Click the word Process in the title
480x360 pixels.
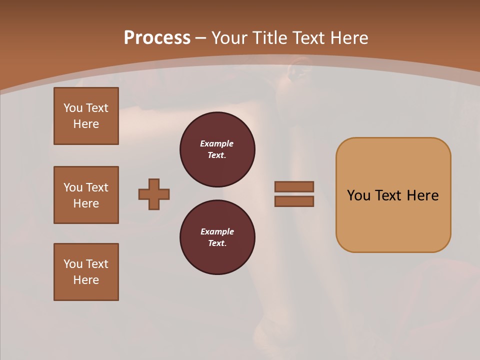pos(157,38)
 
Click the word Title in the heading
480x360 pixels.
pos(268,38)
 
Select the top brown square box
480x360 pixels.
pos(86,116)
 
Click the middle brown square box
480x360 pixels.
pos(86,195)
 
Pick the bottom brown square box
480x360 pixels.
pos(86,272)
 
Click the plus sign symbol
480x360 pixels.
pos(154,194)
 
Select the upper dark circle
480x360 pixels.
pos(217,149)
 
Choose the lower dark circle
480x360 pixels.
pos(217,237)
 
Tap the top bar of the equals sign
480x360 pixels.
pos(294,186)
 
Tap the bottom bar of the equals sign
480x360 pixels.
pos(294,201)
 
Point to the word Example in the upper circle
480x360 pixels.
pos(217,143)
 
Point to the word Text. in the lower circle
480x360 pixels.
pos(217,243)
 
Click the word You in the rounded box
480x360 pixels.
pos(358,195)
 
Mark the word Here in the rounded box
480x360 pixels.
pos(422,195)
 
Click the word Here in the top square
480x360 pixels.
pos(86,124)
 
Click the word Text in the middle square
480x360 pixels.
pos(97,187)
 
